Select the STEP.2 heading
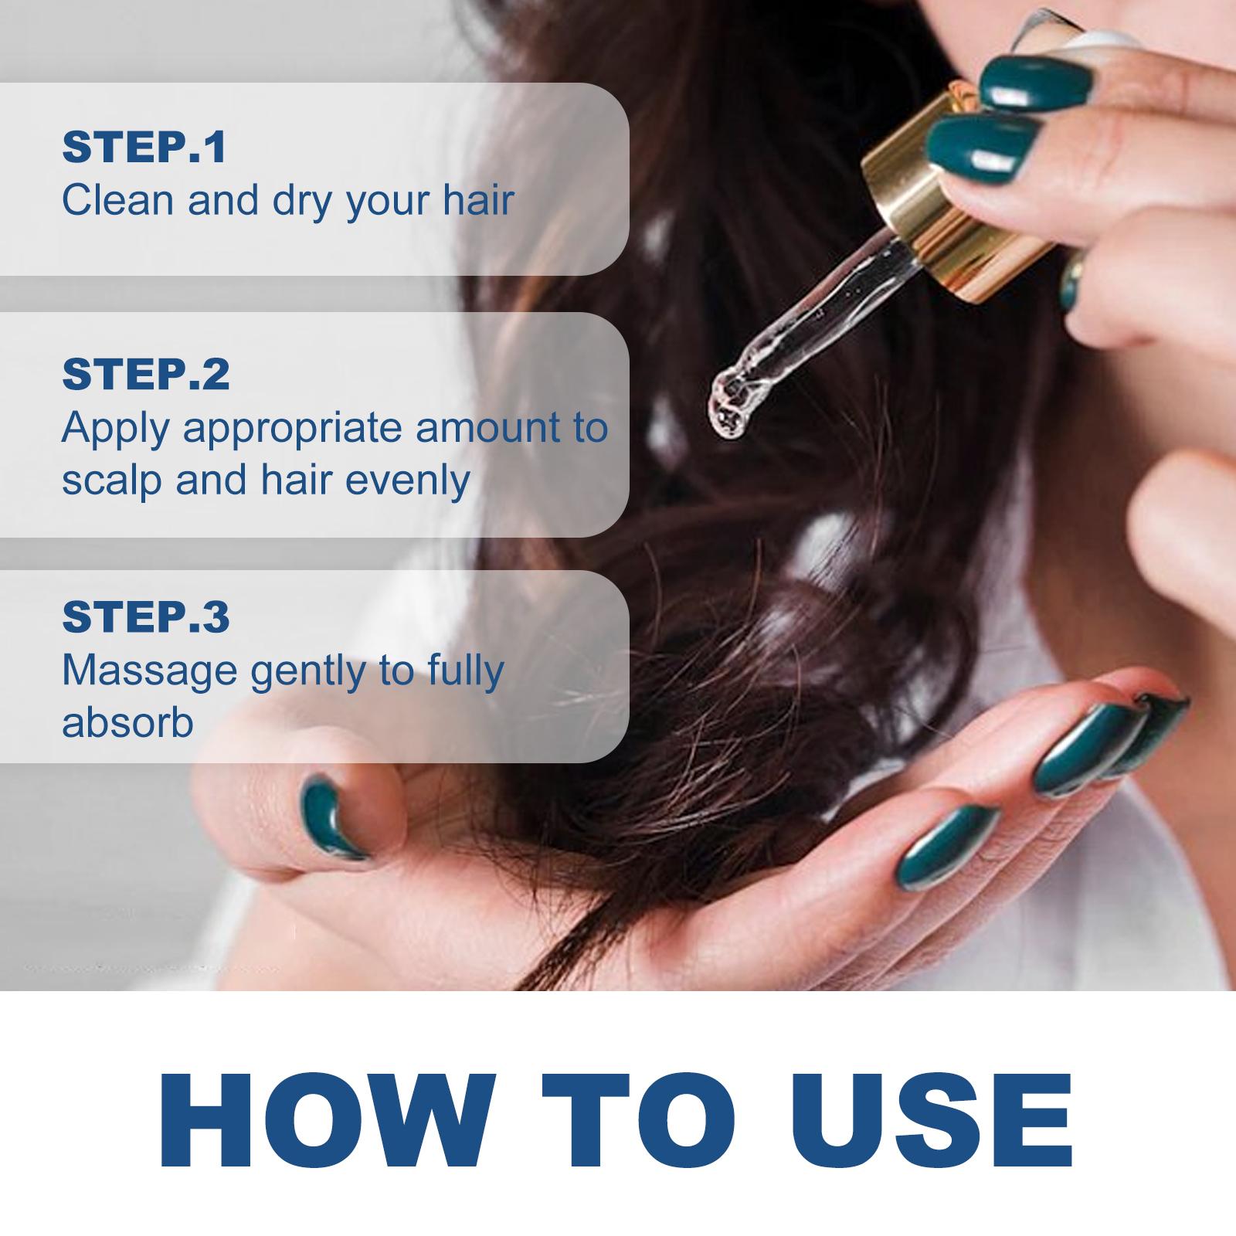pos(146,374)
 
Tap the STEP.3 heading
pos(146,616)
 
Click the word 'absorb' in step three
pos(127,723)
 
